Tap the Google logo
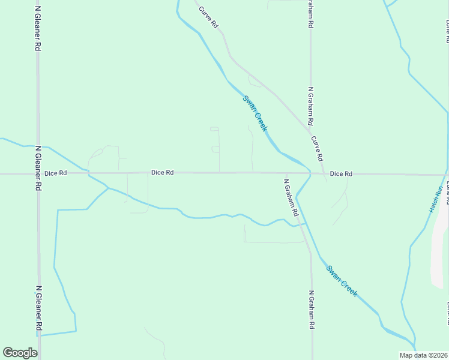coord(20,353)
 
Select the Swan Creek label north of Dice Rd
coord(255,113)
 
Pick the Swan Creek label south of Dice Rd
coord(342,280)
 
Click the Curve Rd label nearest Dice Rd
coord(317,148)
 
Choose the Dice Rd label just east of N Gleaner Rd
coord(56,173)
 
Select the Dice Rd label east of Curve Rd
coord(341,174)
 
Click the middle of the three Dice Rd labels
coord(162,173)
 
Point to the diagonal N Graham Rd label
coord(291,196)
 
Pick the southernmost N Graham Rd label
coord(312,310)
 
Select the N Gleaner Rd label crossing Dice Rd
coord(38,168)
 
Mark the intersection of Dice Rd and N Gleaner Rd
coord(38,174)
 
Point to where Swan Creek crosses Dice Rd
coord(310,173)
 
